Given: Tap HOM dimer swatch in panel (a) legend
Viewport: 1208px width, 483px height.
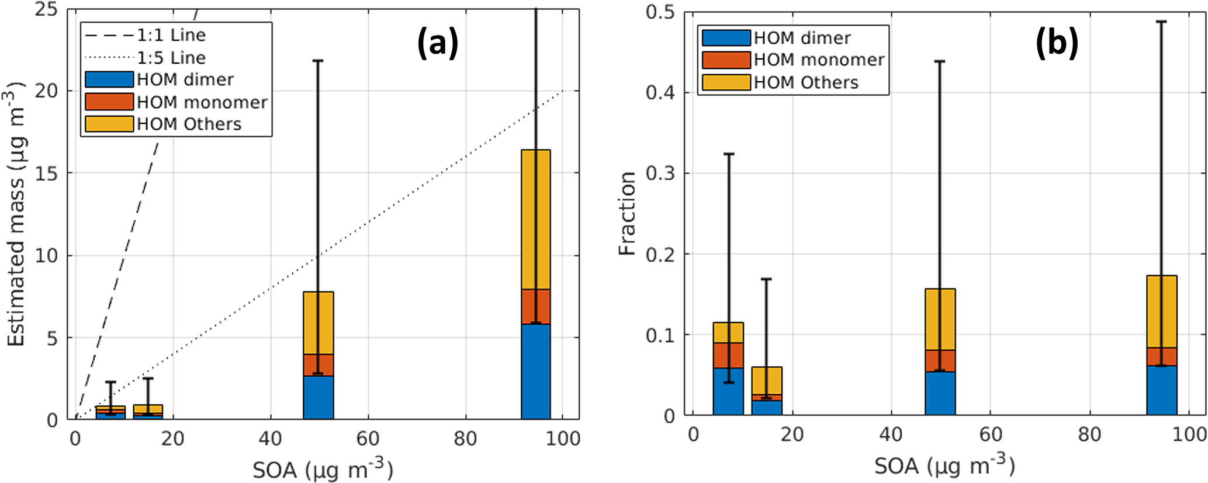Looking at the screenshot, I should pos(109,79).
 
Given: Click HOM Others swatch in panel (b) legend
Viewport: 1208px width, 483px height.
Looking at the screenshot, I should pos(726,82).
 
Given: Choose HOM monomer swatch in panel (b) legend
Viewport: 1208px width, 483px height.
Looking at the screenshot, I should pos(726,60).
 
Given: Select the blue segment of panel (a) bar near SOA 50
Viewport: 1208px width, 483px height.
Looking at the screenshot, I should pos(318,397).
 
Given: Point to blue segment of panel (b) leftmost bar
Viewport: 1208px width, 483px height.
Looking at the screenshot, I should pos(728,391).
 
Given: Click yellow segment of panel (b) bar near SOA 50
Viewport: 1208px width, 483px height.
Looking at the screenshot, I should pos(940,319).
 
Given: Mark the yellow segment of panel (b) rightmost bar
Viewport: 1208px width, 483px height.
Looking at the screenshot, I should pos(1161,311).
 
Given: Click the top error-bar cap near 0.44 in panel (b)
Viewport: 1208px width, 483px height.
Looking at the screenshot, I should pos(940,61).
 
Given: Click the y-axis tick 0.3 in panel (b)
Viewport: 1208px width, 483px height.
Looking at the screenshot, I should pos(660,173).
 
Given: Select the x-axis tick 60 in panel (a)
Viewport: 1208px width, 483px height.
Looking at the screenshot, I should pos(368,439).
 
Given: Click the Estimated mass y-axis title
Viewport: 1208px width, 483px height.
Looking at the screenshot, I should pos(16,214).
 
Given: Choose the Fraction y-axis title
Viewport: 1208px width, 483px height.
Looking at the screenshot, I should pos(627,214).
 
